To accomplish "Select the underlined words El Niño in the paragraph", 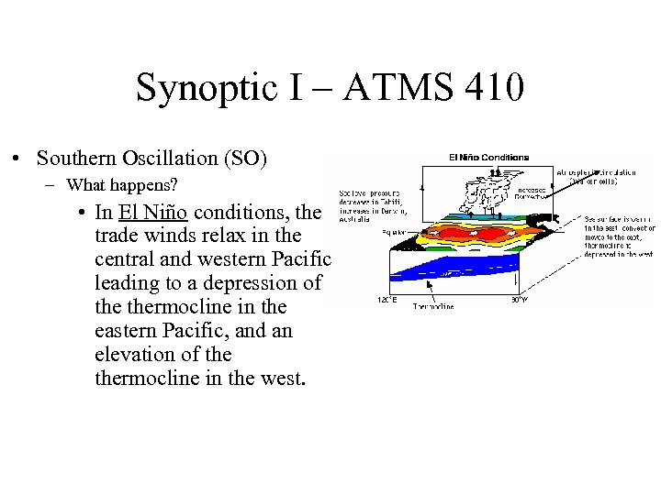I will [152, 212].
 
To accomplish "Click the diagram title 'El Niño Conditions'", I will [488, 157].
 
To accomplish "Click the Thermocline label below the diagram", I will [433, 307].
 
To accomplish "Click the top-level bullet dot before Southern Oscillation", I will [18, 159].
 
